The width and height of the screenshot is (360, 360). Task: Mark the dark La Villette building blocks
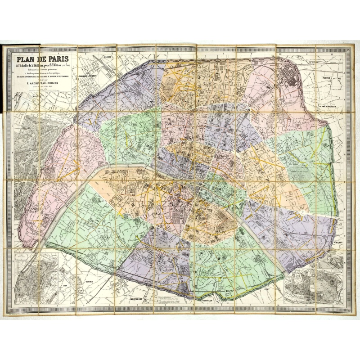(x=287, y=72)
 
